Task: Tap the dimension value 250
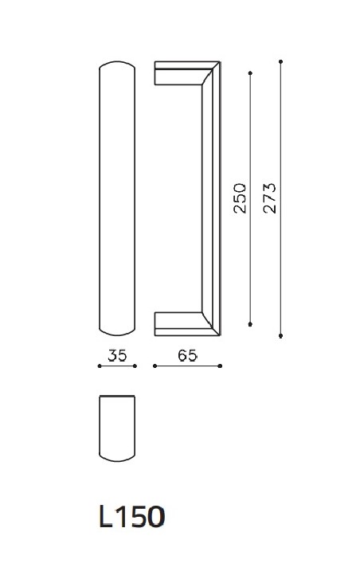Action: [241, 199]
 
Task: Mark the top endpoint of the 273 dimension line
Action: [281, 60]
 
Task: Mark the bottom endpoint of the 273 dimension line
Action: [281, 336]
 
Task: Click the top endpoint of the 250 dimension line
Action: [251, 73]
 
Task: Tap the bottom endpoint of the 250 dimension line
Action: [251, 324]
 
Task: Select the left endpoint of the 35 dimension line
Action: [99, 366]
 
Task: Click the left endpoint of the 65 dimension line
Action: [154, 366]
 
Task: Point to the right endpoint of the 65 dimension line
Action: [221, 366]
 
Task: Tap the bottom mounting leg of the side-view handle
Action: [177, 323]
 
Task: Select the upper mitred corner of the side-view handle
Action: [213, 70]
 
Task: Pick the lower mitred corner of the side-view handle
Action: [213, 327]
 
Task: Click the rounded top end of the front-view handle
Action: [117, 65]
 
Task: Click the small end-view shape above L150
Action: [117, 428]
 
